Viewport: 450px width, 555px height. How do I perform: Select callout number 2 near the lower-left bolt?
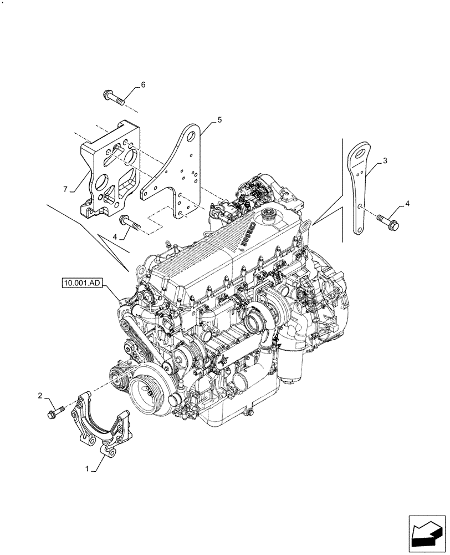[40, 395]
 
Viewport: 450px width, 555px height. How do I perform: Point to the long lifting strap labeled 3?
[357, 189]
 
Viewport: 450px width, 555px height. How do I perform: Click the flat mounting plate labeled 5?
[177, 172]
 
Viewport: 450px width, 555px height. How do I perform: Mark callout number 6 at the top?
[143, 85]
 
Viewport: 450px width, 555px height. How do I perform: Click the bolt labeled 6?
[114, 98]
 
